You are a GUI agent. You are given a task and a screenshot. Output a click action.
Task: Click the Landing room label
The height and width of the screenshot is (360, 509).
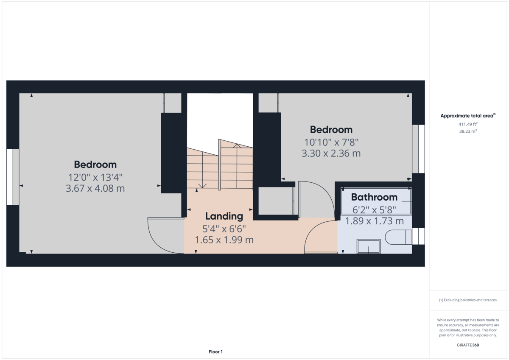[x=224, y=216]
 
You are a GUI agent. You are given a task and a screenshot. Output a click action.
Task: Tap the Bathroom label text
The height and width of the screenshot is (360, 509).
[x=374, y=197]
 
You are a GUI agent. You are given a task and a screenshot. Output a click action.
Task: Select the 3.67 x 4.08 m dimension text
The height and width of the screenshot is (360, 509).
[x=95, y=188]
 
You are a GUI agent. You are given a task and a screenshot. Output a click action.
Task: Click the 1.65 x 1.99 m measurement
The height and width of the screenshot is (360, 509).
[x=224, y=240]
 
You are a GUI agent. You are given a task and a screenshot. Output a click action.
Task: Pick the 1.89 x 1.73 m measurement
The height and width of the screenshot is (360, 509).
[x=374, y=221]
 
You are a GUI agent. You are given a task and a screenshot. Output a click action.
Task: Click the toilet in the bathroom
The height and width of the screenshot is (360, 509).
[x=398, y=237]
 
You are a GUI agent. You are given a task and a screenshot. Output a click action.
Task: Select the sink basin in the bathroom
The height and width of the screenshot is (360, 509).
[x=368, y=246]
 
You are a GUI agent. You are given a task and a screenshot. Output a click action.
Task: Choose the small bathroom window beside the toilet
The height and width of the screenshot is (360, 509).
[x=418, y=236]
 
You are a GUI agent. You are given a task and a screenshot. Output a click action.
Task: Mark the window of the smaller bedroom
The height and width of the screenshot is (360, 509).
[x=418, y=149]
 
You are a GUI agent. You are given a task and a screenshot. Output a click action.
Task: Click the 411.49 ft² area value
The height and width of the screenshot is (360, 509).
[x=468, y=124]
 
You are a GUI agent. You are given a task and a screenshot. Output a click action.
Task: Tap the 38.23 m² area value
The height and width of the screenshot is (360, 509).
[x=468, y=131]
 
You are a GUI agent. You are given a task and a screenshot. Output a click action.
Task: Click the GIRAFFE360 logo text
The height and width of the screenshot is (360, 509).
[x=468, y=345]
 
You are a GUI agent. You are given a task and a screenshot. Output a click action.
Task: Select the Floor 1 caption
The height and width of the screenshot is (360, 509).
[x=215, y=352]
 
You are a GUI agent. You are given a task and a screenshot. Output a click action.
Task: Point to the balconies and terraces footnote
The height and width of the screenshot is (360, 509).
[x=468, y=300]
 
